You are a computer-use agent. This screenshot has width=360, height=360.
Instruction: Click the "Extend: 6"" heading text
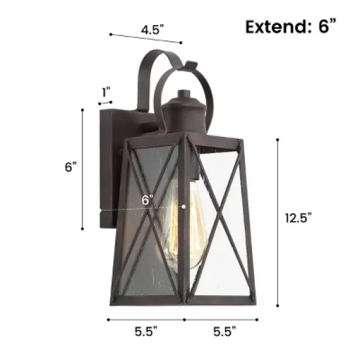coord(291,26)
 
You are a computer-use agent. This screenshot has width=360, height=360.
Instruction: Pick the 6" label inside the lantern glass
coord(147,200)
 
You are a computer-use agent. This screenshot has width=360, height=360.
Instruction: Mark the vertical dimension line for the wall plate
coord(82,170)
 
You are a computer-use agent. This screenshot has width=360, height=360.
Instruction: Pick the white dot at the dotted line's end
coord(185,206)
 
